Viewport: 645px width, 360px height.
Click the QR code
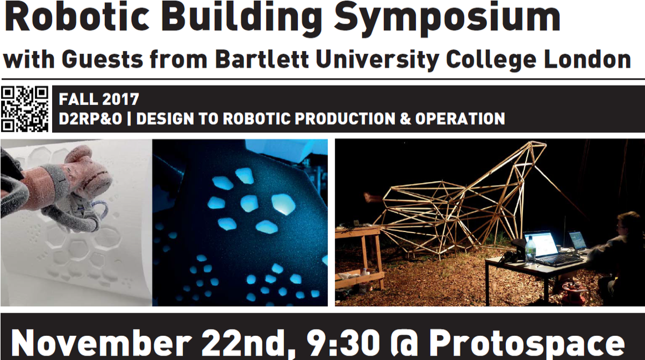(25, 109)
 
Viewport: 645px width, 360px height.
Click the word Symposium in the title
(447, 19)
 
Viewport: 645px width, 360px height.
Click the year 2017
(120, 99)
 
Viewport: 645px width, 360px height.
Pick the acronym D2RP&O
(90, 119)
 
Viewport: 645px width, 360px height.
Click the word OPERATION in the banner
(460, 119)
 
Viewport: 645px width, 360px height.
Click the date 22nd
(247, 345)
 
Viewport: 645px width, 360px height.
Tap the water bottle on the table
(530, 250)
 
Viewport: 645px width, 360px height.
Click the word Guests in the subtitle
(102, 60)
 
